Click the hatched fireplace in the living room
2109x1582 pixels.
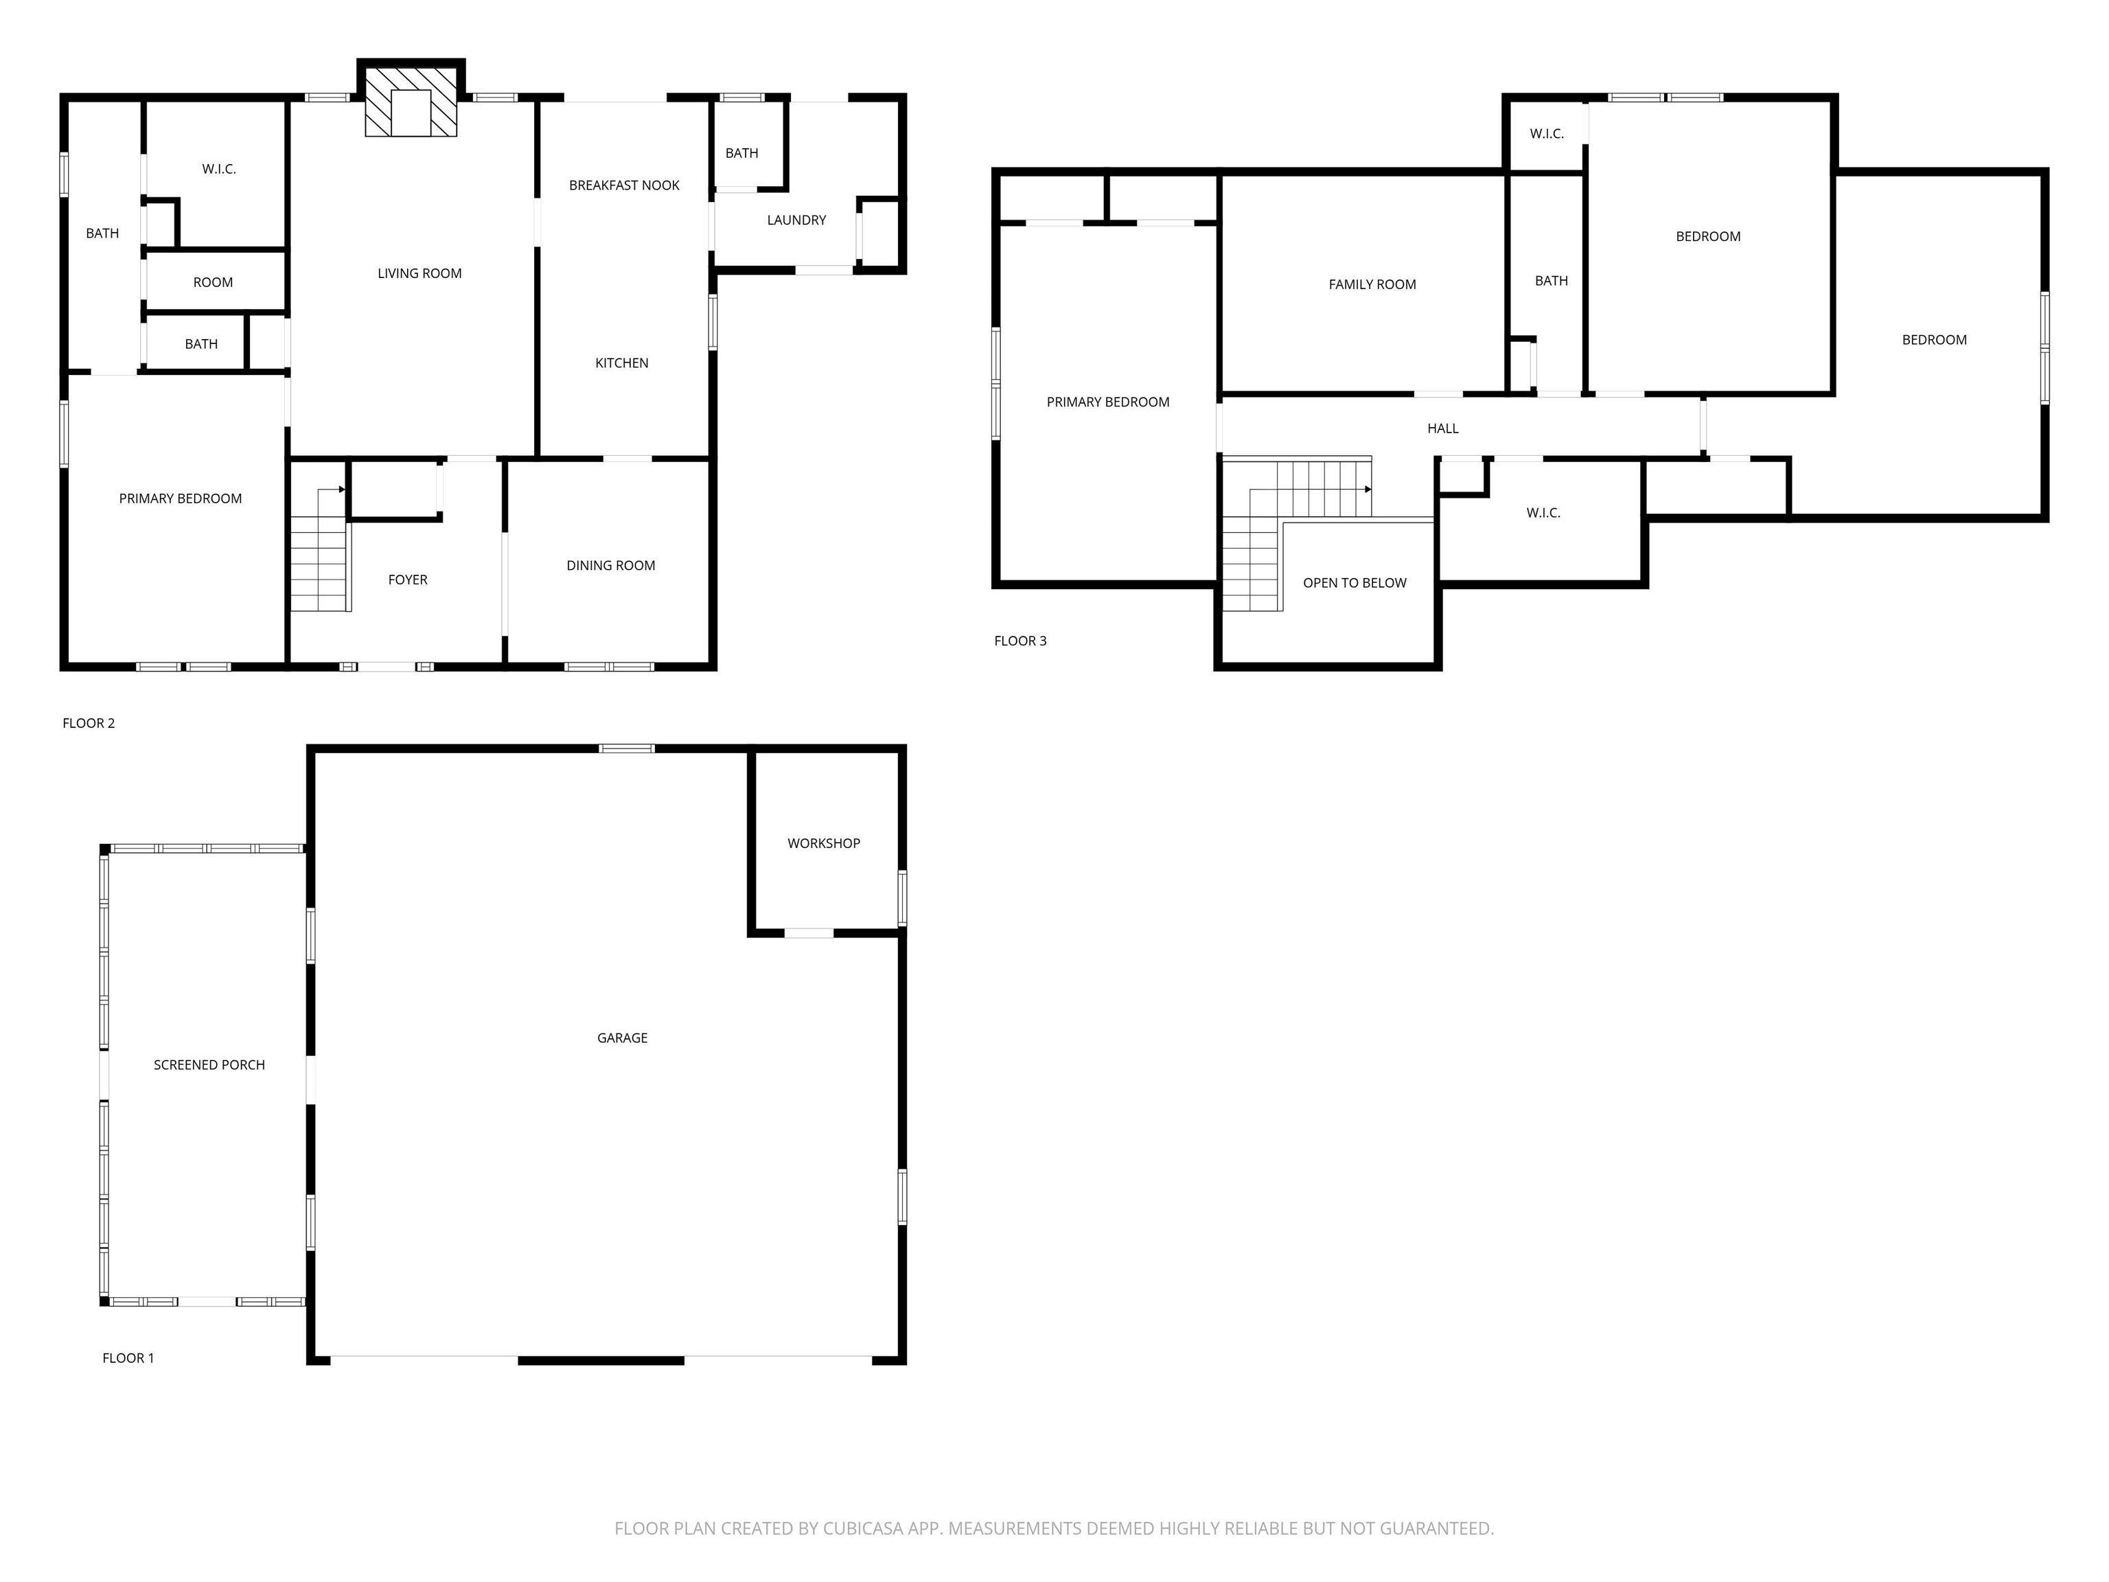(x=411, y=102)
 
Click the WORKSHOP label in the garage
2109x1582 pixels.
(x=823, y=843)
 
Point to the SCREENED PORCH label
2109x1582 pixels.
(x=209, y=1064)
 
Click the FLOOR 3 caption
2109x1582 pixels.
(x=1019, y=641)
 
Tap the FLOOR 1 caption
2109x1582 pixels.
(x=128, y=1358)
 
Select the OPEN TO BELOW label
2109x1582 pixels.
(x=1354, y=583)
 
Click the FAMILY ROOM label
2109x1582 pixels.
(x=1372, y=284)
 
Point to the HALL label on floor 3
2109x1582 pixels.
(x=1442, y=428)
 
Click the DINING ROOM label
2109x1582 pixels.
(x=610, y=566)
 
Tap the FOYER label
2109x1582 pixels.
(x=407, y=580)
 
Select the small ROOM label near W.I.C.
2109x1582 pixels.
(x=213, y=282)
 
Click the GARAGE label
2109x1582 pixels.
(x=621, y=1038)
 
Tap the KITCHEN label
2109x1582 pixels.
(x=621, y=363)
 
